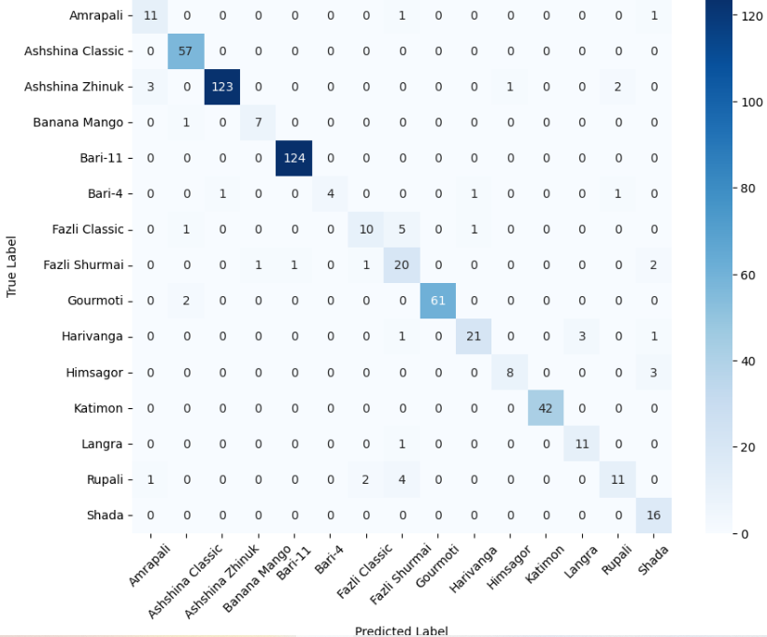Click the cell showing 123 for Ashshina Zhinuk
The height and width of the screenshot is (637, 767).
click(x=222, y=87)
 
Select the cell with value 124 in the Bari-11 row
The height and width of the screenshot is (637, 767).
click(x=293, y=158)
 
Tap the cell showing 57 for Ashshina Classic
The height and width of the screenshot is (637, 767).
click(x=186, y=51)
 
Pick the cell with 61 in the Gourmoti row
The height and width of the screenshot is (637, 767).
click(x=437, y=301)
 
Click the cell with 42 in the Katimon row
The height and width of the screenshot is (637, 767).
click(x=546, y=408)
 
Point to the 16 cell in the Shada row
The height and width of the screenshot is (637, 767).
click(x=653, y=515)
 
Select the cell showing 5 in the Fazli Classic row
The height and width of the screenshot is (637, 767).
click(x=402, y=230)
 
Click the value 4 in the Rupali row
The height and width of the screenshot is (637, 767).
click(x=402, y=479)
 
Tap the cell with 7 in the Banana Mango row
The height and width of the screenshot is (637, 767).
click(x=258, y=122)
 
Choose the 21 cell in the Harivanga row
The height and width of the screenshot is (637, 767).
click(x=474, y=336)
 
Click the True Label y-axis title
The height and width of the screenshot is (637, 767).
click(x=12, y=266)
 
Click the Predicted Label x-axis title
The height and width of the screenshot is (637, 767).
click(x=401, y=630)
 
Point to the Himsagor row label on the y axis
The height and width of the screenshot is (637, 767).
click(x=96, y=373)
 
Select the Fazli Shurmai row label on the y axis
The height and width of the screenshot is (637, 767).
click(x=83, y=265)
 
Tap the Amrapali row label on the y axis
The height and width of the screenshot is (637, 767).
click(x=96, y=16)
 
